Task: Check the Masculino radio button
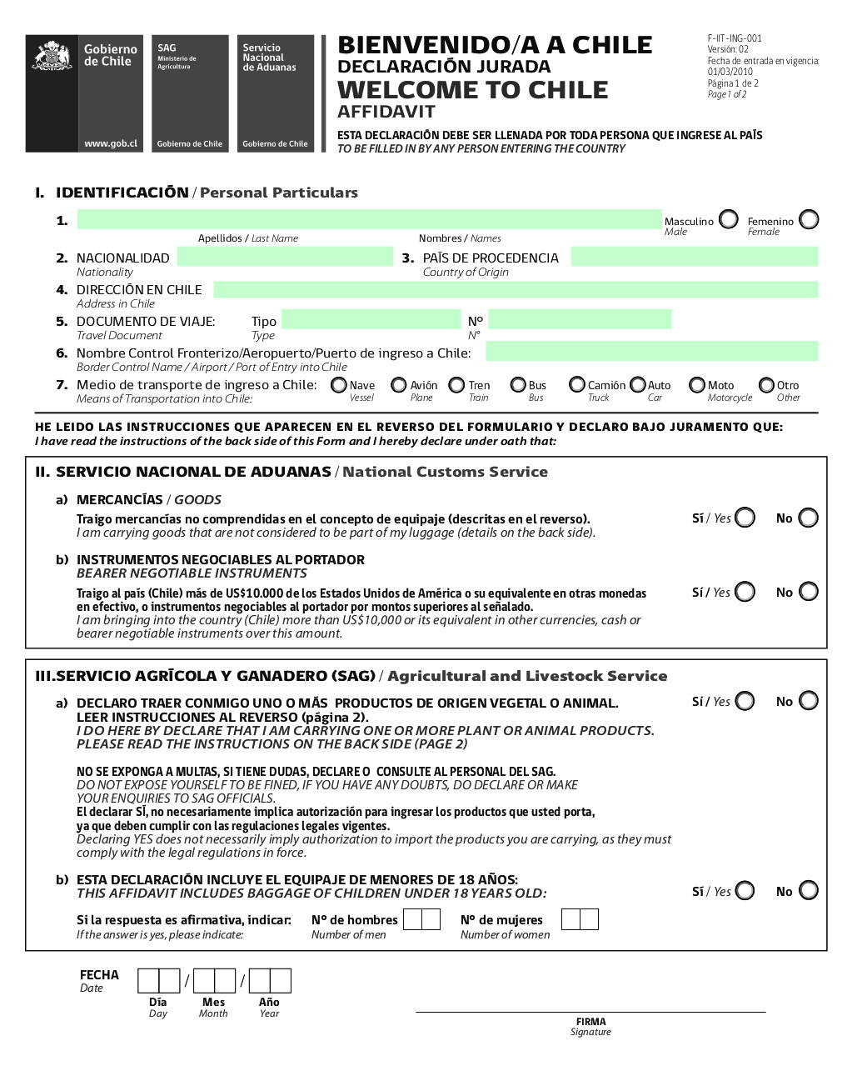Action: [x=729, y=219]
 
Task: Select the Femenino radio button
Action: [x=809, y=219]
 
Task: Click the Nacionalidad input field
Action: [x=284, y=257]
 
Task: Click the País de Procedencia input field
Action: [x=695, y=257]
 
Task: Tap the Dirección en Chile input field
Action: [x=516, y=289]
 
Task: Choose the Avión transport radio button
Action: [x=399, y=385]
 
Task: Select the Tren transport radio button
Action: [x=456, y=385]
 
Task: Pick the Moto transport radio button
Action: [x=697, y=385]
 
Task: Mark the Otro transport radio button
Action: [x=765, y=385]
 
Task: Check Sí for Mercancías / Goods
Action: [x=745, y=518]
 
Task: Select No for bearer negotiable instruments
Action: [x=809, y=592]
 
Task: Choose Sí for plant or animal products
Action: [x=745, y=701]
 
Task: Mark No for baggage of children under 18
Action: [x=809, y=891]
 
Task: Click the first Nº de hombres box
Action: [x=412, y=919]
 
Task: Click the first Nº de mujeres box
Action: [x=570, y=919]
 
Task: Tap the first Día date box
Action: [x=148, y=980]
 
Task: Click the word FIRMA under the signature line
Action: [x=590, y=1022]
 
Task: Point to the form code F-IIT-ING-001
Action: [x=735, y=38]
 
